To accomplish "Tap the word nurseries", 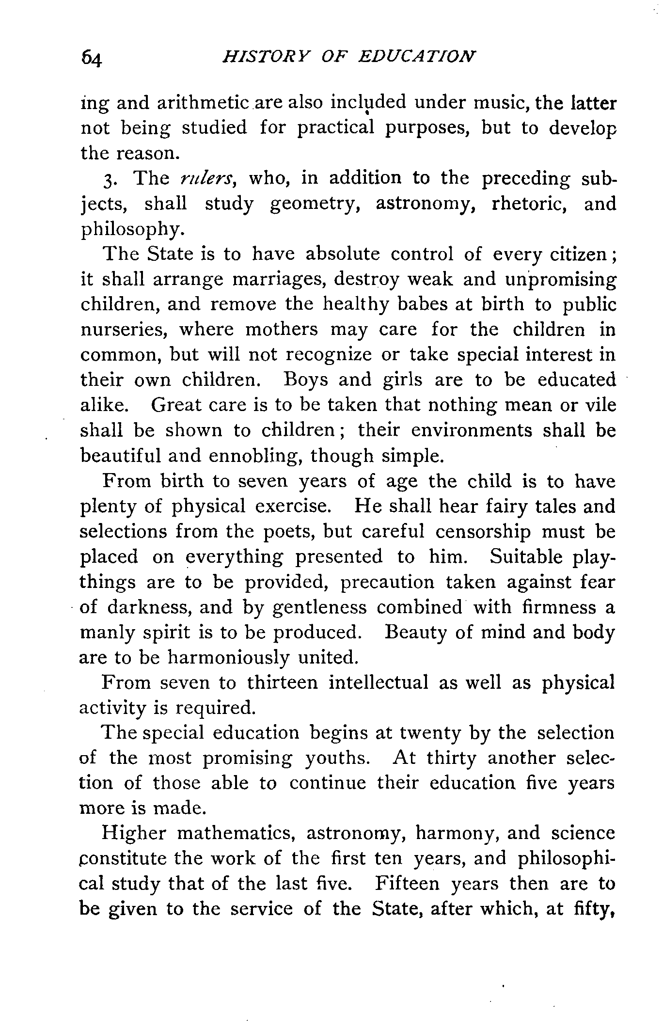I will pos(124,330).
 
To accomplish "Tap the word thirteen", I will pos(282,683).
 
